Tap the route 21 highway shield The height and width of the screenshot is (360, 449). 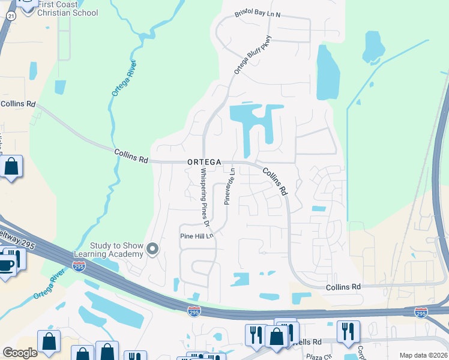tap(11, 17)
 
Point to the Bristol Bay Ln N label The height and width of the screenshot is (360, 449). tap(258, 14)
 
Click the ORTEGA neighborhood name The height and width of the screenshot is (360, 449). tap(205, 162)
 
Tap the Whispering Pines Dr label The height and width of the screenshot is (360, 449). tap(205, 197)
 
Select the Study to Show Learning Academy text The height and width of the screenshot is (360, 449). tap(116, 250)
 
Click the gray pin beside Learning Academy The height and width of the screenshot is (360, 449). tap(153, 249)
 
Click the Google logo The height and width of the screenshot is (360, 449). tap(20, 353)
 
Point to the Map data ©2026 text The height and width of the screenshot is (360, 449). tap(423, 355)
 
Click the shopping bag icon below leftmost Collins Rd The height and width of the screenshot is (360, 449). tap(11, 166)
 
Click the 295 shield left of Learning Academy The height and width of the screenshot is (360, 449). tap(79, 266)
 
